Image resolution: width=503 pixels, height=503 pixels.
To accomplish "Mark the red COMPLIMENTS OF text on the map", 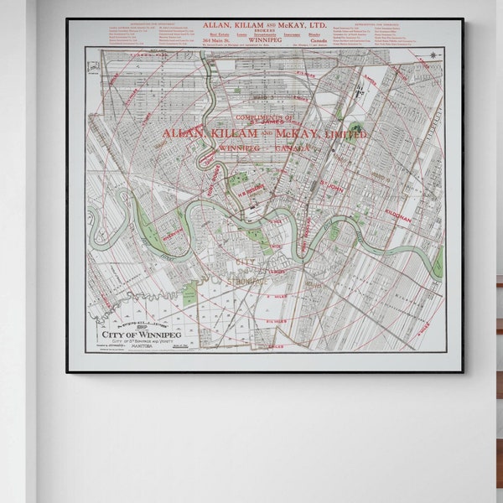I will [x=265, y=118].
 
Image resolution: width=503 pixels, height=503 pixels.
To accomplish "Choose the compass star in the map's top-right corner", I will [x=434, y=55].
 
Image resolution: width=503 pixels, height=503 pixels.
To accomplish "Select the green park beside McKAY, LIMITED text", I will [x=355, y=129].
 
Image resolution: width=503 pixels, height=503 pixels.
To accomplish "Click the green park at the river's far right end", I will [x=437, y=262].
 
